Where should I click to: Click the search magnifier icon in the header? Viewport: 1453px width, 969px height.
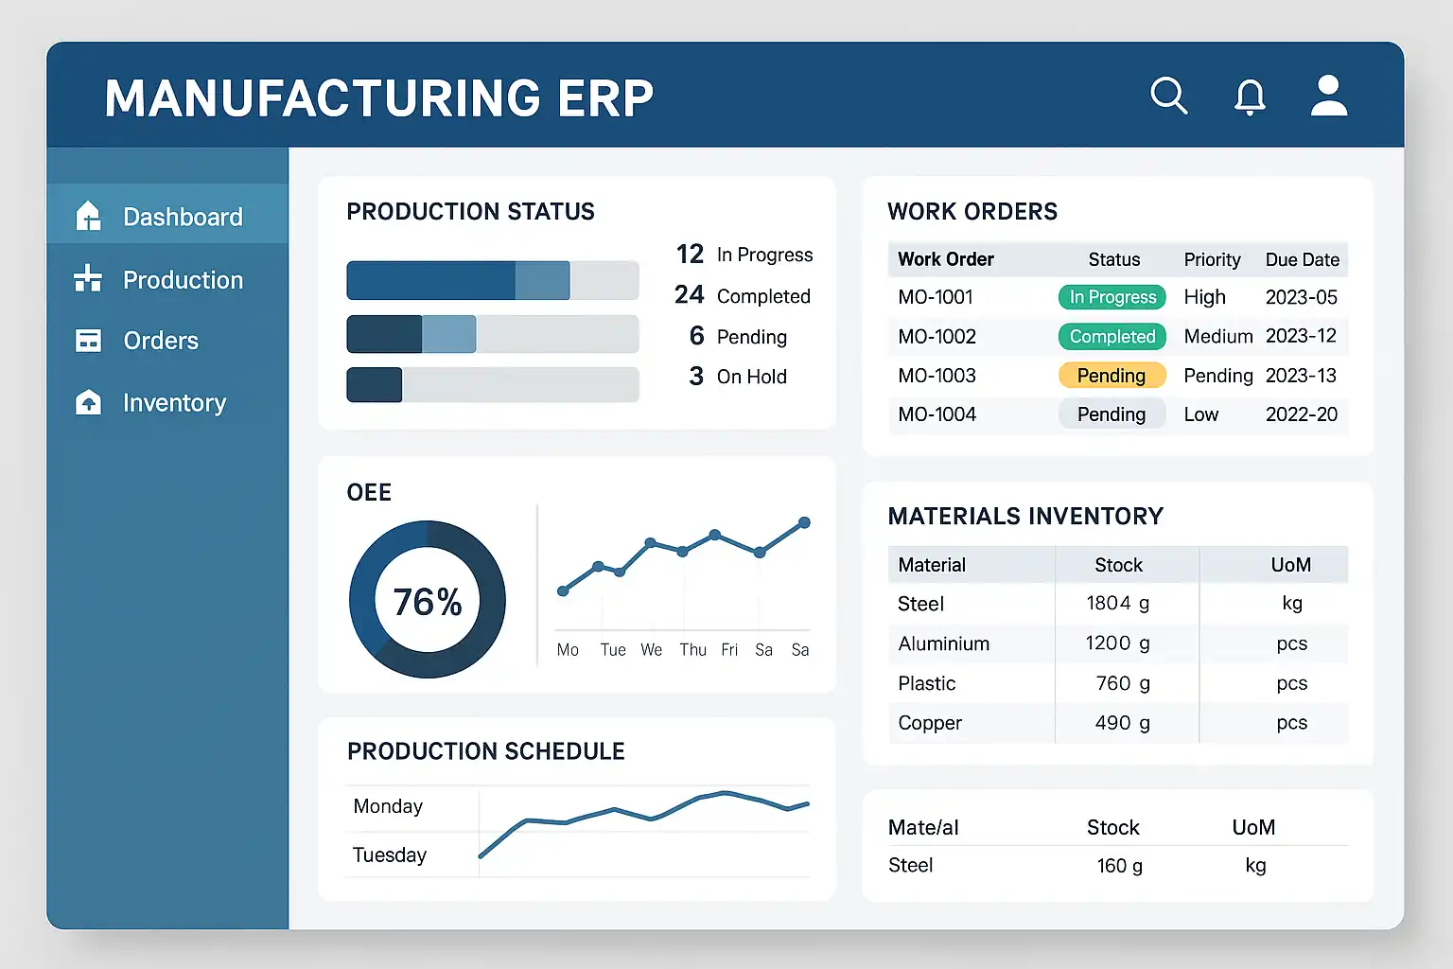[1169, 97]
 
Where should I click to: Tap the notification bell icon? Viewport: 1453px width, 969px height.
[1250, 97]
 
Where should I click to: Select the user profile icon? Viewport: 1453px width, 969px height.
[1328, 96]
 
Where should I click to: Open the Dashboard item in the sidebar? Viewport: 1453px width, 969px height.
[159, 216]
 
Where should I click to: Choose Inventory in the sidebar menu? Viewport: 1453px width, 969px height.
[150, 402]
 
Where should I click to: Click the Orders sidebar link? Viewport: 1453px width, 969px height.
[136, 340]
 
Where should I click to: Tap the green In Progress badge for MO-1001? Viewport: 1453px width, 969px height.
[1112, 296]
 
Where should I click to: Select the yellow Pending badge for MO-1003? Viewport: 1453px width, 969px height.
[1112, 375]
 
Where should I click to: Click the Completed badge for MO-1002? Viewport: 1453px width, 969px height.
[1112, 336]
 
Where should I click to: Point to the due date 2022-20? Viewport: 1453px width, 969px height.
[1302, 414]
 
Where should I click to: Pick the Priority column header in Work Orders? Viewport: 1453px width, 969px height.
[1212, 259]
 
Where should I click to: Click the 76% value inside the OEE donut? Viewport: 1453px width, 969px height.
[428, 602]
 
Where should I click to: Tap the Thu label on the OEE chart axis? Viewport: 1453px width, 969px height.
[692, 650]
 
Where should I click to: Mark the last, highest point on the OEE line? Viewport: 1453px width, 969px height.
[804, 522]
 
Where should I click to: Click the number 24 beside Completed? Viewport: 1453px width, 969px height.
[689, 294]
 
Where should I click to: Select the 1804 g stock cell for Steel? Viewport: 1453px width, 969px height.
[1117, 603]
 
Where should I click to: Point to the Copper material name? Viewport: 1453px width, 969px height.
[930, 722]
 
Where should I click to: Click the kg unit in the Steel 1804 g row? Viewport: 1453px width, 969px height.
[1292, 603]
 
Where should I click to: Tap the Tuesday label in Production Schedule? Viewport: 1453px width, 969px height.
[389, 854]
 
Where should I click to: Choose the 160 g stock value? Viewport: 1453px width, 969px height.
[1120, 865]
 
